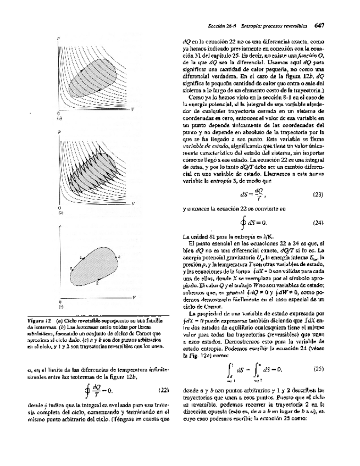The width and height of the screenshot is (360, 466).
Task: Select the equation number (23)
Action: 317,195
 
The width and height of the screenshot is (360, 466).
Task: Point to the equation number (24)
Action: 317,223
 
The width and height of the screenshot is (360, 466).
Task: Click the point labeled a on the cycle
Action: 81,257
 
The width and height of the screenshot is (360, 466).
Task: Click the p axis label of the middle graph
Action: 59,132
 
